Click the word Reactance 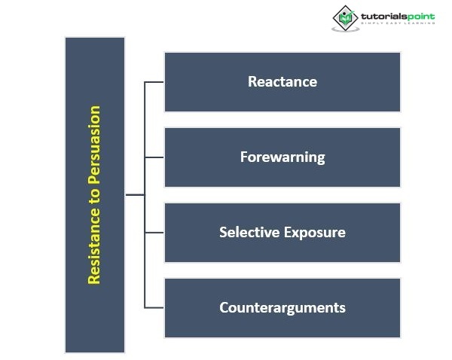click(x=282, y=81)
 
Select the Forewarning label click(x=282, y=157)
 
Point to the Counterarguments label click(x=282, y=307)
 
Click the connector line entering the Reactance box click(x=154, y=82)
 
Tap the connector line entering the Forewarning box click(x=154, y=157)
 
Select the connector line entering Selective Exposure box click(x=154, y=232)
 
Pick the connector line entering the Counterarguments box click(x=154, y=307)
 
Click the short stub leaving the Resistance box click(x=134, y=194)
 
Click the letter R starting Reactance click(x=252, y=81)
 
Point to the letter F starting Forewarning click(x=244, y=157)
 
